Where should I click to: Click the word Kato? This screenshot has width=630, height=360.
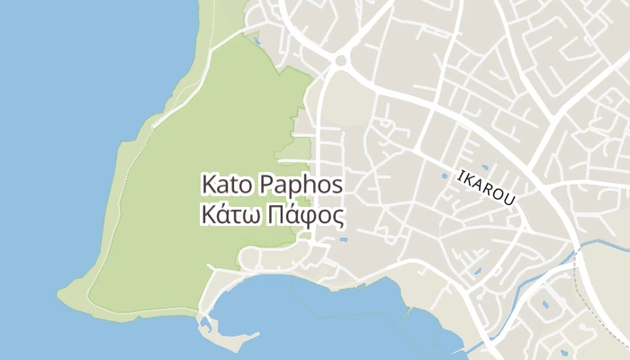228,185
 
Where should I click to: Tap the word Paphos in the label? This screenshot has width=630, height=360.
301,185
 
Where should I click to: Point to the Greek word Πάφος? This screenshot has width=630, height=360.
301,216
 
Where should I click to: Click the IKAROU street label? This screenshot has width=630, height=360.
486,186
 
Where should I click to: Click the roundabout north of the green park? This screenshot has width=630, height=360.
340,61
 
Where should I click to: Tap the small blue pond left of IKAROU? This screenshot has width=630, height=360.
443,175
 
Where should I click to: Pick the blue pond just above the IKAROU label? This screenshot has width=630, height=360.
485,166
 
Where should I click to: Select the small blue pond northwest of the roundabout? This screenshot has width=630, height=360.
257,40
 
